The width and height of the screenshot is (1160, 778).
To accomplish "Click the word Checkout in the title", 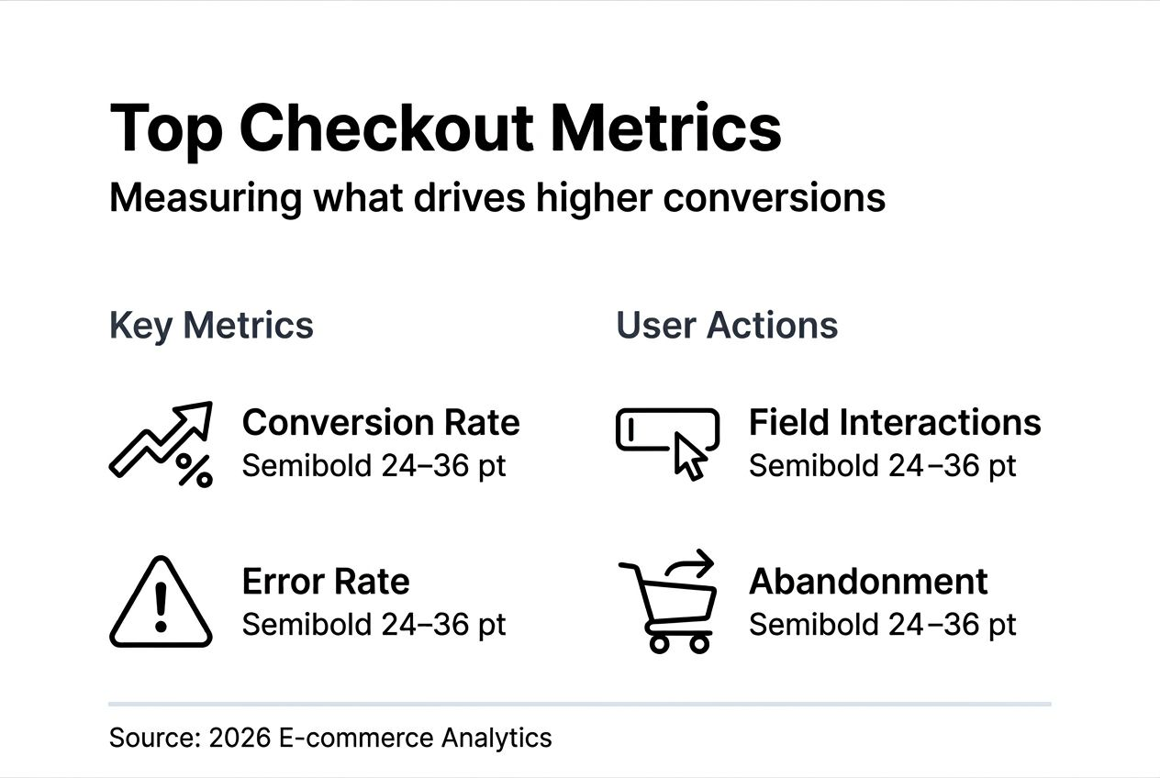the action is click(x=385, y=128).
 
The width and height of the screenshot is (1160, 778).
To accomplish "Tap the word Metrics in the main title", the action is click(x=665, y=128).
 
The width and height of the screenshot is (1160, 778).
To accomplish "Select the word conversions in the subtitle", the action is click(x=775, y=198).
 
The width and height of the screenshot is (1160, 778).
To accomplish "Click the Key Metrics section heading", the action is click(x=211, y=326).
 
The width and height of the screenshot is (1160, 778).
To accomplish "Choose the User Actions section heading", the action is click(x=727, y=326).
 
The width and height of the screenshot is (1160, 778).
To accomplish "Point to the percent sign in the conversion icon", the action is click(x=195, y=471).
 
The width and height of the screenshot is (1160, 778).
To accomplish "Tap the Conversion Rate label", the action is click(x=381, y=422).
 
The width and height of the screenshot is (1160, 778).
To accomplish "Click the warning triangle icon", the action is click(x=161, y=602).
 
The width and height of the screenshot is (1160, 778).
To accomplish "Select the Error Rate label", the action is click(x=326, y=582).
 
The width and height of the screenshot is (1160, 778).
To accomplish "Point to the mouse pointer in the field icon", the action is click(x=690, y=457).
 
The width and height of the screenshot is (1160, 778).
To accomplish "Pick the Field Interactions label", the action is click(x=895, y=422).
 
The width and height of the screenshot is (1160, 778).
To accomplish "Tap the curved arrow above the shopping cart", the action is click(x=691, y=563).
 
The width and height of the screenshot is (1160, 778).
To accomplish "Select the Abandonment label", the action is click(x=868, y=582).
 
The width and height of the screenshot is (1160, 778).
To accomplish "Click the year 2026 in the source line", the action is click(x=240, y=738).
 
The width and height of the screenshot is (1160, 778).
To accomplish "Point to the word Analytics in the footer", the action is click(x=496, y=739).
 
